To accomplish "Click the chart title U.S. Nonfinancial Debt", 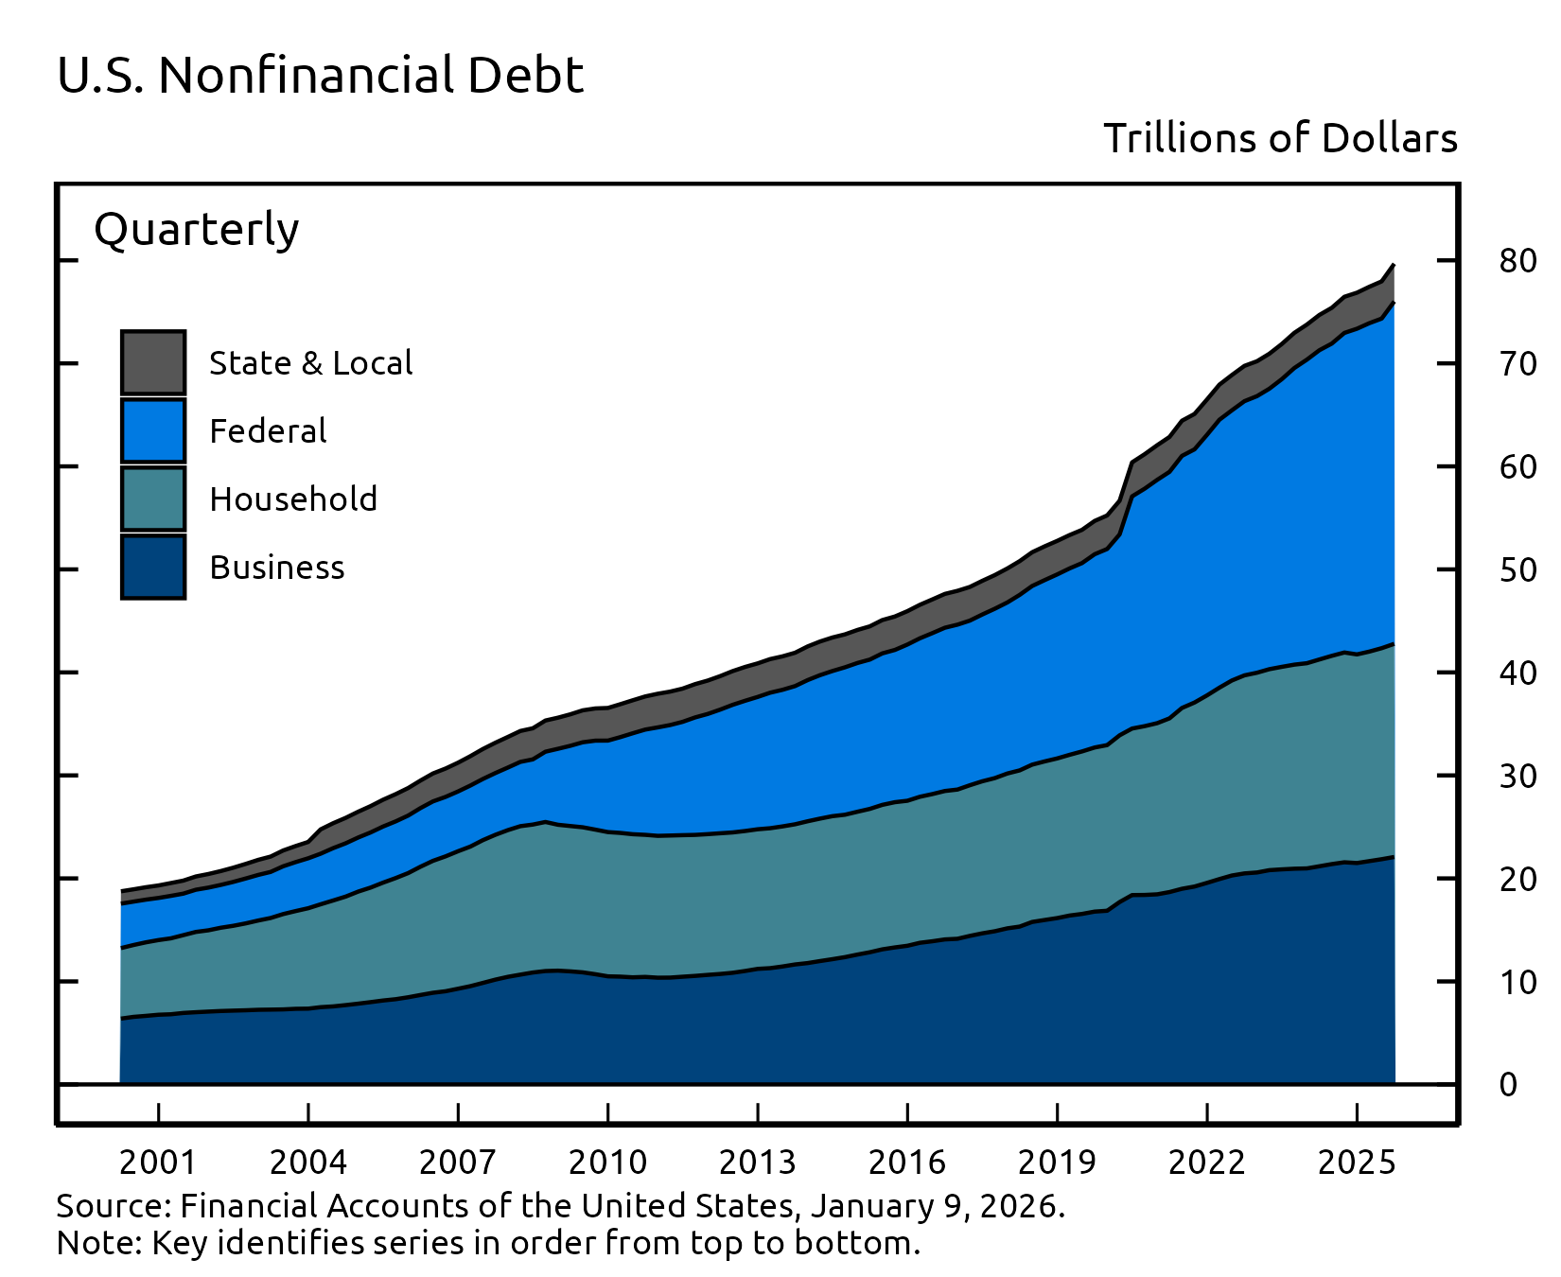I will pos(320,76).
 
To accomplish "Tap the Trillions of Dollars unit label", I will pos(1280,139).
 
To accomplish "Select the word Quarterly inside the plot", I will pos(197,230).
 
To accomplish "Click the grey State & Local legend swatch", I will pos(153,362).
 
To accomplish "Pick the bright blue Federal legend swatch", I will pos(153,430).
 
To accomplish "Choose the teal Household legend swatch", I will pos(153,499).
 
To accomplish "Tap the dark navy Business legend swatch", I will pos(153,567).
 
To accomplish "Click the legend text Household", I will pos(293,499).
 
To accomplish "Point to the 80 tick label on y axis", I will pos(1517,261).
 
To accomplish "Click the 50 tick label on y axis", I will pos(1517,570).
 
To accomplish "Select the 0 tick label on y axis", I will pos(1508,1085).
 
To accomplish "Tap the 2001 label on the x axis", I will pos(158,1163).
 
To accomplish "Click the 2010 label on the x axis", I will pos(607,1163).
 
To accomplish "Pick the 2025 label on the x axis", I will pos(1357,1163).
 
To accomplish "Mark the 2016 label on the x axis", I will pos(906,1163).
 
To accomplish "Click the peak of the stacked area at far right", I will pos(1393,267).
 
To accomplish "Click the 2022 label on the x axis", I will pos(1206,1163).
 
